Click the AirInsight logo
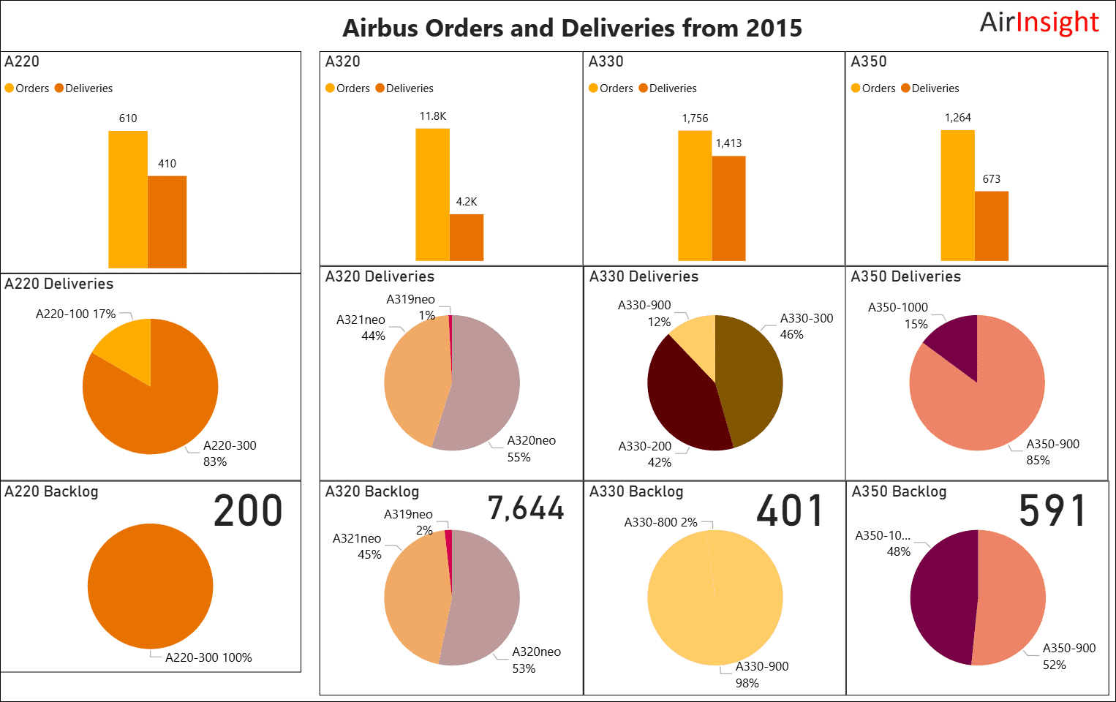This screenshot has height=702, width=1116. point(1038,23)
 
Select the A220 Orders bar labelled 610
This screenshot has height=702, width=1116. point(128,199)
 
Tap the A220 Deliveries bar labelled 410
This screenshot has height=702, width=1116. point(167,222)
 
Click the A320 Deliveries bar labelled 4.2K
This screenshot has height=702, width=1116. point(467,237)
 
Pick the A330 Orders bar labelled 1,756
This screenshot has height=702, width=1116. point(695,195)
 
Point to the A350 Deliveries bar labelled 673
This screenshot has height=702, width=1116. point(992,226)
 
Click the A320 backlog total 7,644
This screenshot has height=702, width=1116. point(526,509)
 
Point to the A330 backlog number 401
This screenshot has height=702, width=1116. point(790,510)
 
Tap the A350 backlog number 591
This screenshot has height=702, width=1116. point(1052,510)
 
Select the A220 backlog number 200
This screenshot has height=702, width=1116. point(248,510)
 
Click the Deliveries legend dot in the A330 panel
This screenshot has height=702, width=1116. point(644,88)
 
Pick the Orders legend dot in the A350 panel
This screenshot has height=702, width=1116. point(856,88)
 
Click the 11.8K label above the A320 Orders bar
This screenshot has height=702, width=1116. point(433,116)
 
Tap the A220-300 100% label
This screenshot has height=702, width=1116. point(208,657)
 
